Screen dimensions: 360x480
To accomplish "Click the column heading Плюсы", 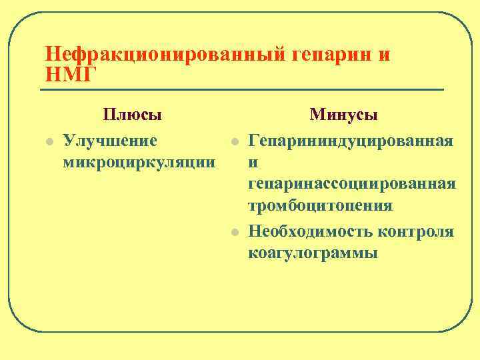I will tap(133, 114).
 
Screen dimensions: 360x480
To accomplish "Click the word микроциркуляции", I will tap(139, 161).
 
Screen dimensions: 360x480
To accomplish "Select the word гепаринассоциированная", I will tap(352, 183).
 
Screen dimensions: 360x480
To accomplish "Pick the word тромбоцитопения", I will tap(320, 205).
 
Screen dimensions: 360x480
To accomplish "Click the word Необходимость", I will tap(309, 231).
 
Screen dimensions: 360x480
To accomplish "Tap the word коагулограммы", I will tap(313, 253).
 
